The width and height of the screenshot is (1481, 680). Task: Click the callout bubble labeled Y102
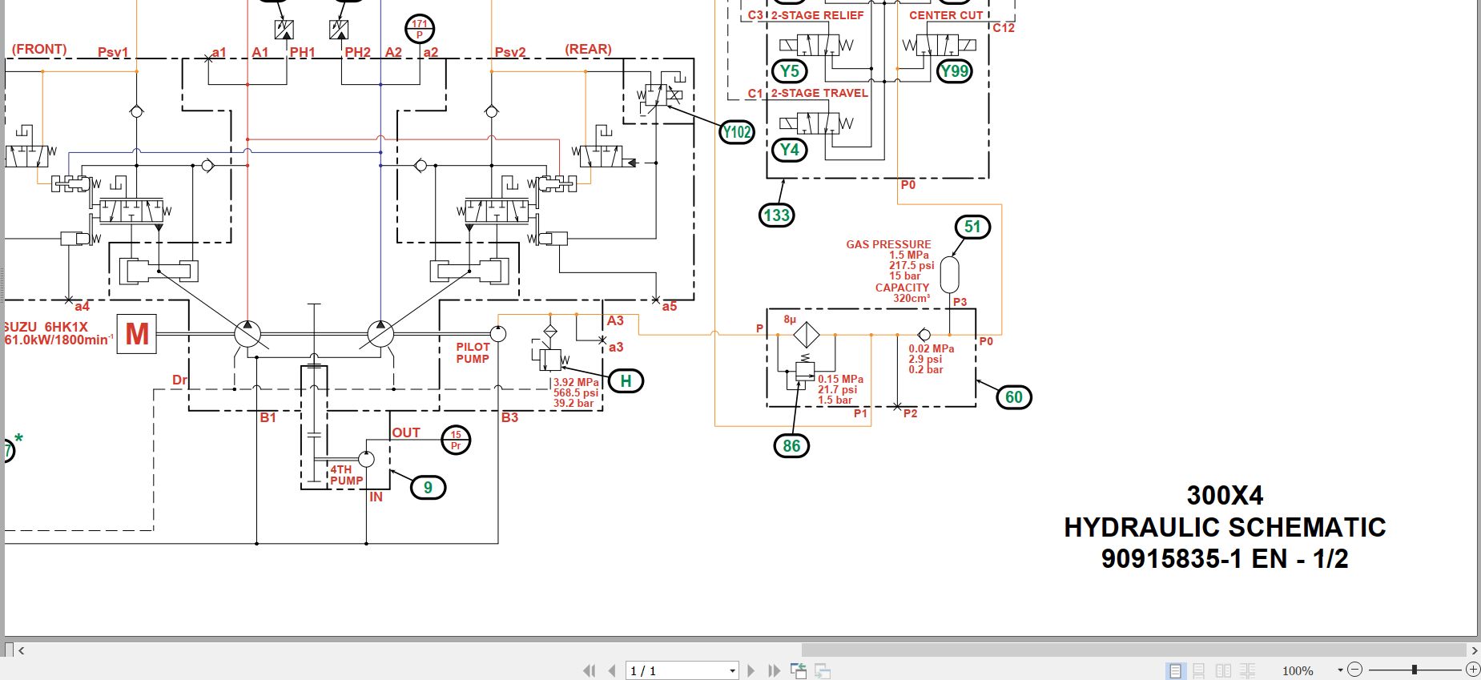737,132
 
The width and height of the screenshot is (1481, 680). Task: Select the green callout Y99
954,71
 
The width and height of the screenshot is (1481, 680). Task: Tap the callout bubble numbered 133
776,215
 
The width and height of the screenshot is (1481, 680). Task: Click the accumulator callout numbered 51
972,227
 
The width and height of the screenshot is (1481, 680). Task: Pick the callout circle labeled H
626,381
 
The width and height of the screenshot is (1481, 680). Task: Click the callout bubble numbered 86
791,446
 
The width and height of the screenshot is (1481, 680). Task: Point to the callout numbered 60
1013,397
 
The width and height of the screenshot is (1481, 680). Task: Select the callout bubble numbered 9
428,488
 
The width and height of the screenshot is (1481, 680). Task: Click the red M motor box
137,333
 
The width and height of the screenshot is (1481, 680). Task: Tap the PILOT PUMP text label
473,353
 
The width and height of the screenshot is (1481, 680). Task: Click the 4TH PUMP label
346,475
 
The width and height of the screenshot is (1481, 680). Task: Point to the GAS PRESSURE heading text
888,244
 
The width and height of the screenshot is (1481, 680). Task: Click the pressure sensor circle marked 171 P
420,29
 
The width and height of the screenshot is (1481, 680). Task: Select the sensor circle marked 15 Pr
456,440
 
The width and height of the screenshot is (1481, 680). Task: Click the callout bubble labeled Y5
789,71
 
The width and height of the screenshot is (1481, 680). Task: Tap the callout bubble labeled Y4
789,150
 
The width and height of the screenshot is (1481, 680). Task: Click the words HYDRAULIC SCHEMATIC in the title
1224,527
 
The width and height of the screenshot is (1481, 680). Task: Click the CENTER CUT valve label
945,15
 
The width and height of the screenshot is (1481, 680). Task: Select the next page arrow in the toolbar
751,670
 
